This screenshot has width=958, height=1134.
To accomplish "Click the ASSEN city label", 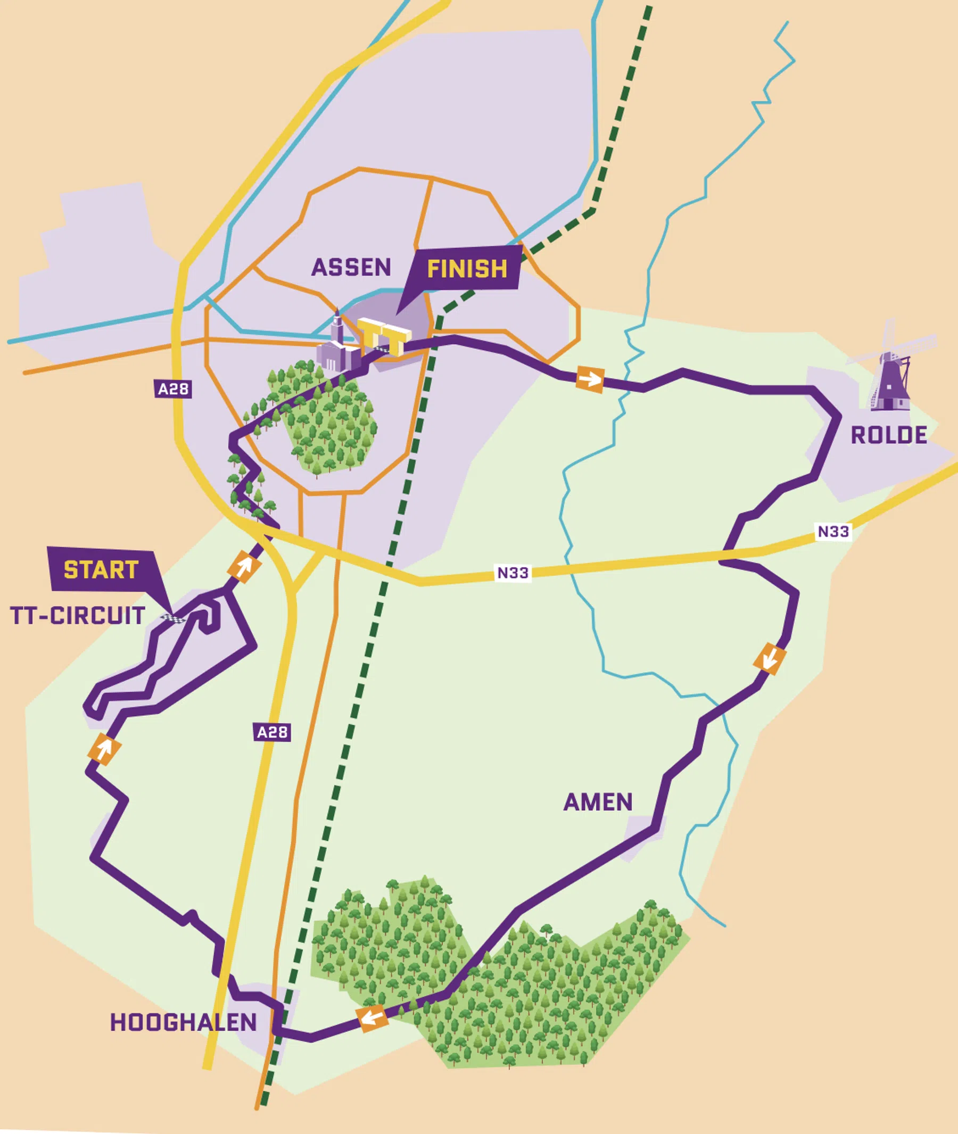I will coord(351,267).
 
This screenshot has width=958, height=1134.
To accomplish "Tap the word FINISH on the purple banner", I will coord(467,269).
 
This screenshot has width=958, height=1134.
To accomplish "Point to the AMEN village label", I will coord(598,802).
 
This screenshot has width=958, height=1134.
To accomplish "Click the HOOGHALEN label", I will coord(184,1023).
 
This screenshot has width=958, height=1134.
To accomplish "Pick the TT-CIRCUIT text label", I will coord(78,616).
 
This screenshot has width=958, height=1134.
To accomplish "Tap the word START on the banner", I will coord(101,570).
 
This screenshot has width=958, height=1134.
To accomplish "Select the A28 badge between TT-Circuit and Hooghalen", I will coord(272,732).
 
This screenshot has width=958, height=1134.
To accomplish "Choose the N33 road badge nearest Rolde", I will coord(833,531).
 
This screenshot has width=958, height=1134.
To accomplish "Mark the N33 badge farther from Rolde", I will coord(513,573).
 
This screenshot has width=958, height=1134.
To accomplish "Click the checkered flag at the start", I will coord(175,618).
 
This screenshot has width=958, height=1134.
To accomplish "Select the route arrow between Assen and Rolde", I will coord(590,378).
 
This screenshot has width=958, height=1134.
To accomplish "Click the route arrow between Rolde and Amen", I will coord(770,658).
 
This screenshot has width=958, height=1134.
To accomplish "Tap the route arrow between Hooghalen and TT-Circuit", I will coord(104,749).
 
